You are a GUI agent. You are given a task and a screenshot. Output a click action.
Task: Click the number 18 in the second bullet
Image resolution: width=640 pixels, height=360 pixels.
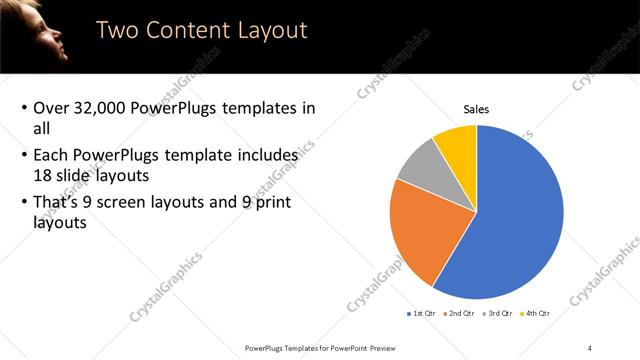43,174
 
